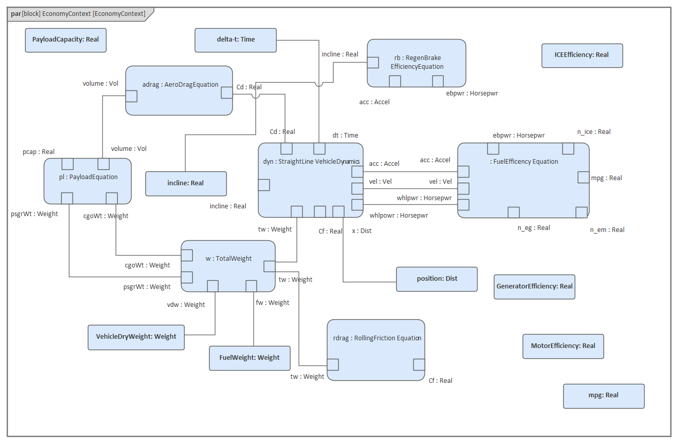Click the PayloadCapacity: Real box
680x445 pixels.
(x=66, y=40)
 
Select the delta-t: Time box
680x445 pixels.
(x=235, y=40)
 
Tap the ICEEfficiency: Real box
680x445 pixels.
(x=582, y=55)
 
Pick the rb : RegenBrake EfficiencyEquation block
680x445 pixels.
(x=416, y=62)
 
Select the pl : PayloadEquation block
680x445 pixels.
(x=87, y=177)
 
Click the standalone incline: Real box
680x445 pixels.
(x=186, y=184)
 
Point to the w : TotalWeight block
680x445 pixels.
(x=228, y=259)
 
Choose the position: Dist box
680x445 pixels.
(x=437, y=279)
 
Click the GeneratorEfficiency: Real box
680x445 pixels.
(x=534, y=286)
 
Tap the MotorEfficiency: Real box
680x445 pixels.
(x=563, y=346)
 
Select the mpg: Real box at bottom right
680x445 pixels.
(x=603, y=396)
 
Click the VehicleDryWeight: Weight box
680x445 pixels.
(x=136, y=337)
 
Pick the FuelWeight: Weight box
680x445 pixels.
(x=249, y=358)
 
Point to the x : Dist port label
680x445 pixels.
(x=361, y=231)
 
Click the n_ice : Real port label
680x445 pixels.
(x=594, y=132)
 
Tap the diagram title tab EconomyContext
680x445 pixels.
(x=78, y=14)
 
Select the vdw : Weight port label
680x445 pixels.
(x=186, y=305)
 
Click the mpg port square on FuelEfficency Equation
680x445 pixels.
(x=583, y=178)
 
